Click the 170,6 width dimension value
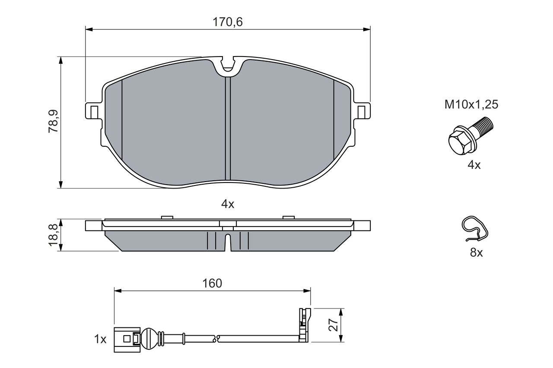(x=228, y=22)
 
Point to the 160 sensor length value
(x=212, y=283)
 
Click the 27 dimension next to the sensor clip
(x=333, y=324)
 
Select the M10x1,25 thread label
(x=472, y=104)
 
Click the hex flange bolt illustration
(x=468, y=137)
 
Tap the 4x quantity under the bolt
(x=474, y=165)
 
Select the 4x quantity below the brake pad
(x=228, y=204)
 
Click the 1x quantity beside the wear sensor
(x=100, y=340)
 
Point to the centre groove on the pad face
(x=228, y=129)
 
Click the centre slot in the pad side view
(x=228, y=242)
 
